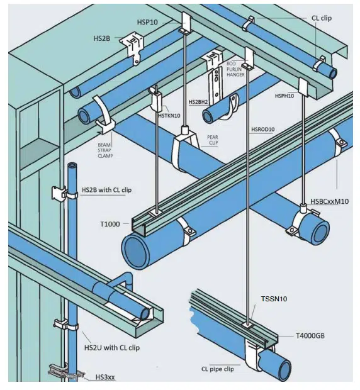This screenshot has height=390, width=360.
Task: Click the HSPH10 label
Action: pyautogui.click(x=285, y=96)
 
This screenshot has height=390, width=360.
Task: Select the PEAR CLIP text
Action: pyautogui.click(x=218, y=140)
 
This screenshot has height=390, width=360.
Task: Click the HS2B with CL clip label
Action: pyautogui.click(x=111, y=189)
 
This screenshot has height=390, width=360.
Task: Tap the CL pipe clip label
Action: pyautogui.click(x=218, y=369)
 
